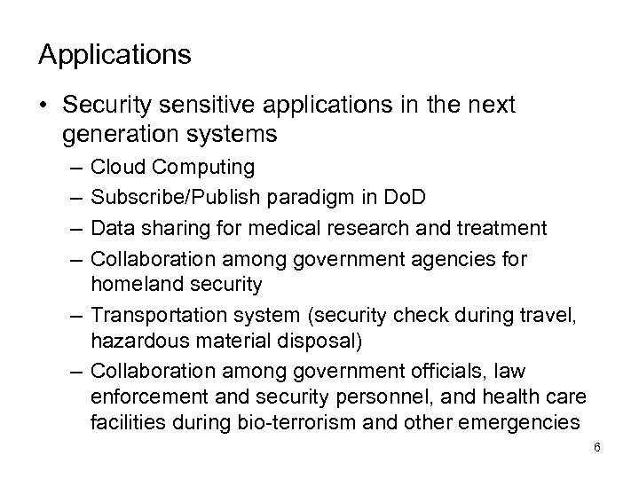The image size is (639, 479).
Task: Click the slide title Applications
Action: (114, 56)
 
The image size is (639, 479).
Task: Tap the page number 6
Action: (597, 446)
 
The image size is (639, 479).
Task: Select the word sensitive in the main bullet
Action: (198, 106)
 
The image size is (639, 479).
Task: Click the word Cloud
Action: (114, 167)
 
